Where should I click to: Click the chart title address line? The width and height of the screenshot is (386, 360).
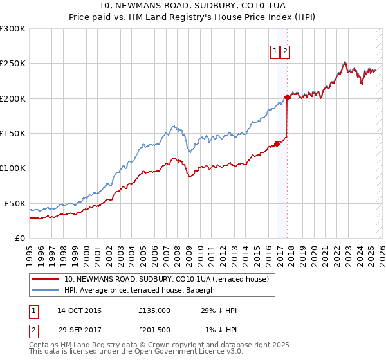point(193,6)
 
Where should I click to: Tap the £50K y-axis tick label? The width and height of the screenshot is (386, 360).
point(15,203)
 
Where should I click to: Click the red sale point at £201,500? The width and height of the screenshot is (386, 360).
point(287,98)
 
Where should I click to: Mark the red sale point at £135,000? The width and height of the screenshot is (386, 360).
point(277,143)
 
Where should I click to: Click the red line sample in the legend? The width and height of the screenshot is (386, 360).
point(46,279)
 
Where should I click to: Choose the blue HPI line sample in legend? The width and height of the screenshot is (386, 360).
point(46,290)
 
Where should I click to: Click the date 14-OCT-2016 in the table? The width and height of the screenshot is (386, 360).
point(79,310)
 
